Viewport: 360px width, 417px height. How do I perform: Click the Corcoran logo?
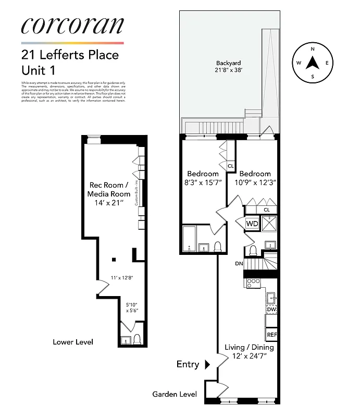(72, 26)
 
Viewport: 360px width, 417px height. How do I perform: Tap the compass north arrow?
(312, 63)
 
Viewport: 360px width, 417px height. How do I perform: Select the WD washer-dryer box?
(252, 224)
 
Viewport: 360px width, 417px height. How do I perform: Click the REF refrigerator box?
(271, 334)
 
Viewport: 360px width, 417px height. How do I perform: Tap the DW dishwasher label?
(271, 310)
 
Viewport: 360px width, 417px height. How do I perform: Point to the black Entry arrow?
(207, 364)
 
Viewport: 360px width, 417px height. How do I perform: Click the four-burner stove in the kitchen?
(253, 283)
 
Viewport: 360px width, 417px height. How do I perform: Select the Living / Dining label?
(249, 351)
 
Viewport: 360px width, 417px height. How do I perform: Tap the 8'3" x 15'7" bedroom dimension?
(203, 183)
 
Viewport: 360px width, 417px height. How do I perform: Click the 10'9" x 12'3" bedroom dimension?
(255, 183)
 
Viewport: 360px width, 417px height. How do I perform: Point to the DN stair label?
(239, 264)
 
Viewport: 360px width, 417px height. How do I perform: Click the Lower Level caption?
(73, 342)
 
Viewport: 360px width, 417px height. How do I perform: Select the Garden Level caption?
(175, 395)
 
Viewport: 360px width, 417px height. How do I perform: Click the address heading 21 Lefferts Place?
(70, 55)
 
